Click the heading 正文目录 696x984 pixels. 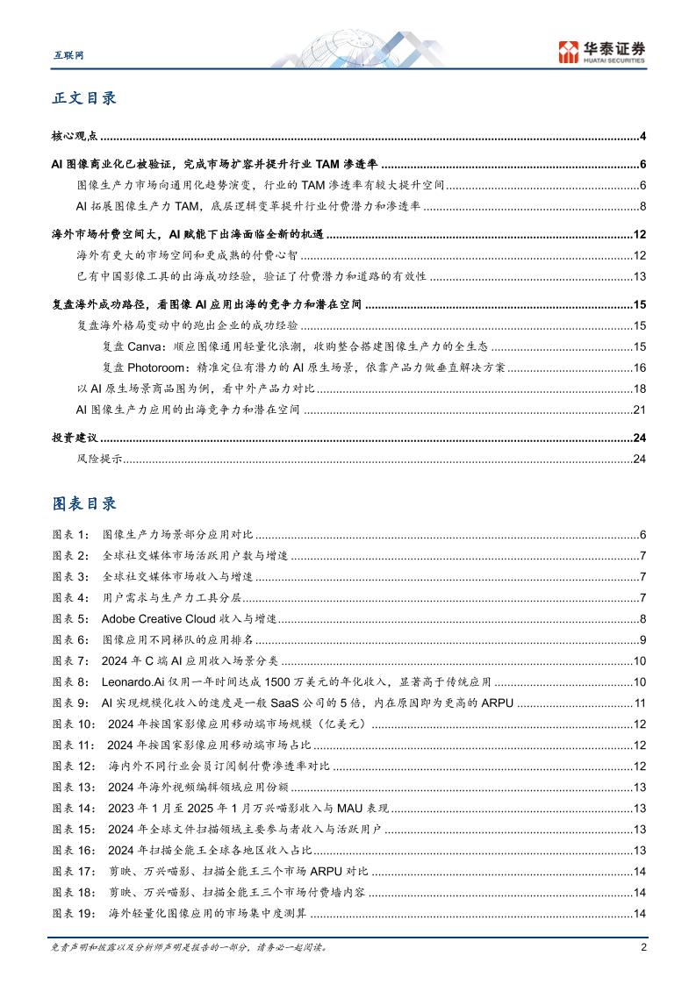(x=84, y=98)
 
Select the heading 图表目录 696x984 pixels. (x=84, y=503)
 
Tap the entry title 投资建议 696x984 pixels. (x=75, y=438)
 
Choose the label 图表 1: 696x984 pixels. (x=71, y=534)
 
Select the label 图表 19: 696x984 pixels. (x=74, y=914)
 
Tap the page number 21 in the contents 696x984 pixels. (x=640, y=410)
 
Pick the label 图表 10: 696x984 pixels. (x=74, y=724)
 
